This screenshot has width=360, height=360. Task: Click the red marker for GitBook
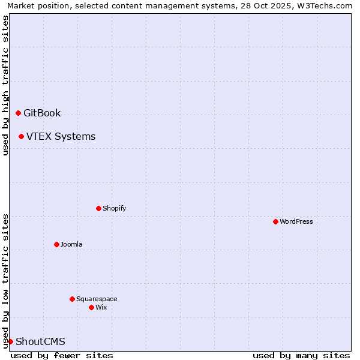18,113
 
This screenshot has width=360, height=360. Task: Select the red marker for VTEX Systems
21,136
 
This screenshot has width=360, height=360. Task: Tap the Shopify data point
98,208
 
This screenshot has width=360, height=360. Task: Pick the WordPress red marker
275,221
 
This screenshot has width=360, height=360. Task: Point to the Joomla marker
56,244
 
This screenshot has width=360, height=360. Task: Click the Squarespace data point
72,299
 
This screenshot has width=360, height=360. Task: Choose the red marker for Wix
91,307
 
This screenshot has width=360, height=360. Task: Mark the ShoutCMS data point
10,341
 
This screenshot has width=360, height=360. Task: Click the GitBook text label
42,113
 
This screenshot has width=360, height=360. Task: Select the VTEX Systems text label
61,136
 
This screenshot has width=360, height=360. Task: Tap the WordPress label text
296,221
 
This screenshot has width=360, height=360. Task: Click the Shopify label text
114,208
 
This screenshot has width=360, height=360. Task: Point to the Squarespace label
97,299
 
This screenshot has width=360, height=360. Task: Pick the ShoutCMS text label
40,341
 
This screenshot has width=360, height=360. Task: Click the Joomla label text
71,244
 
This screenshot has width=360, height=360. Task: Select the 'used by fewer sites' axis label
62,355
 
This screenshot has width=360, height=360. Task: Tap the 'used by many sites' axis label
301,355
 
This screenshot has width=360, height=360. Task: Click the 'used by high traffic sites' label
5,85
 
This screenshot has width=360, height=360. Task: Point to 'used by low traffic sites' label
5,280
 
